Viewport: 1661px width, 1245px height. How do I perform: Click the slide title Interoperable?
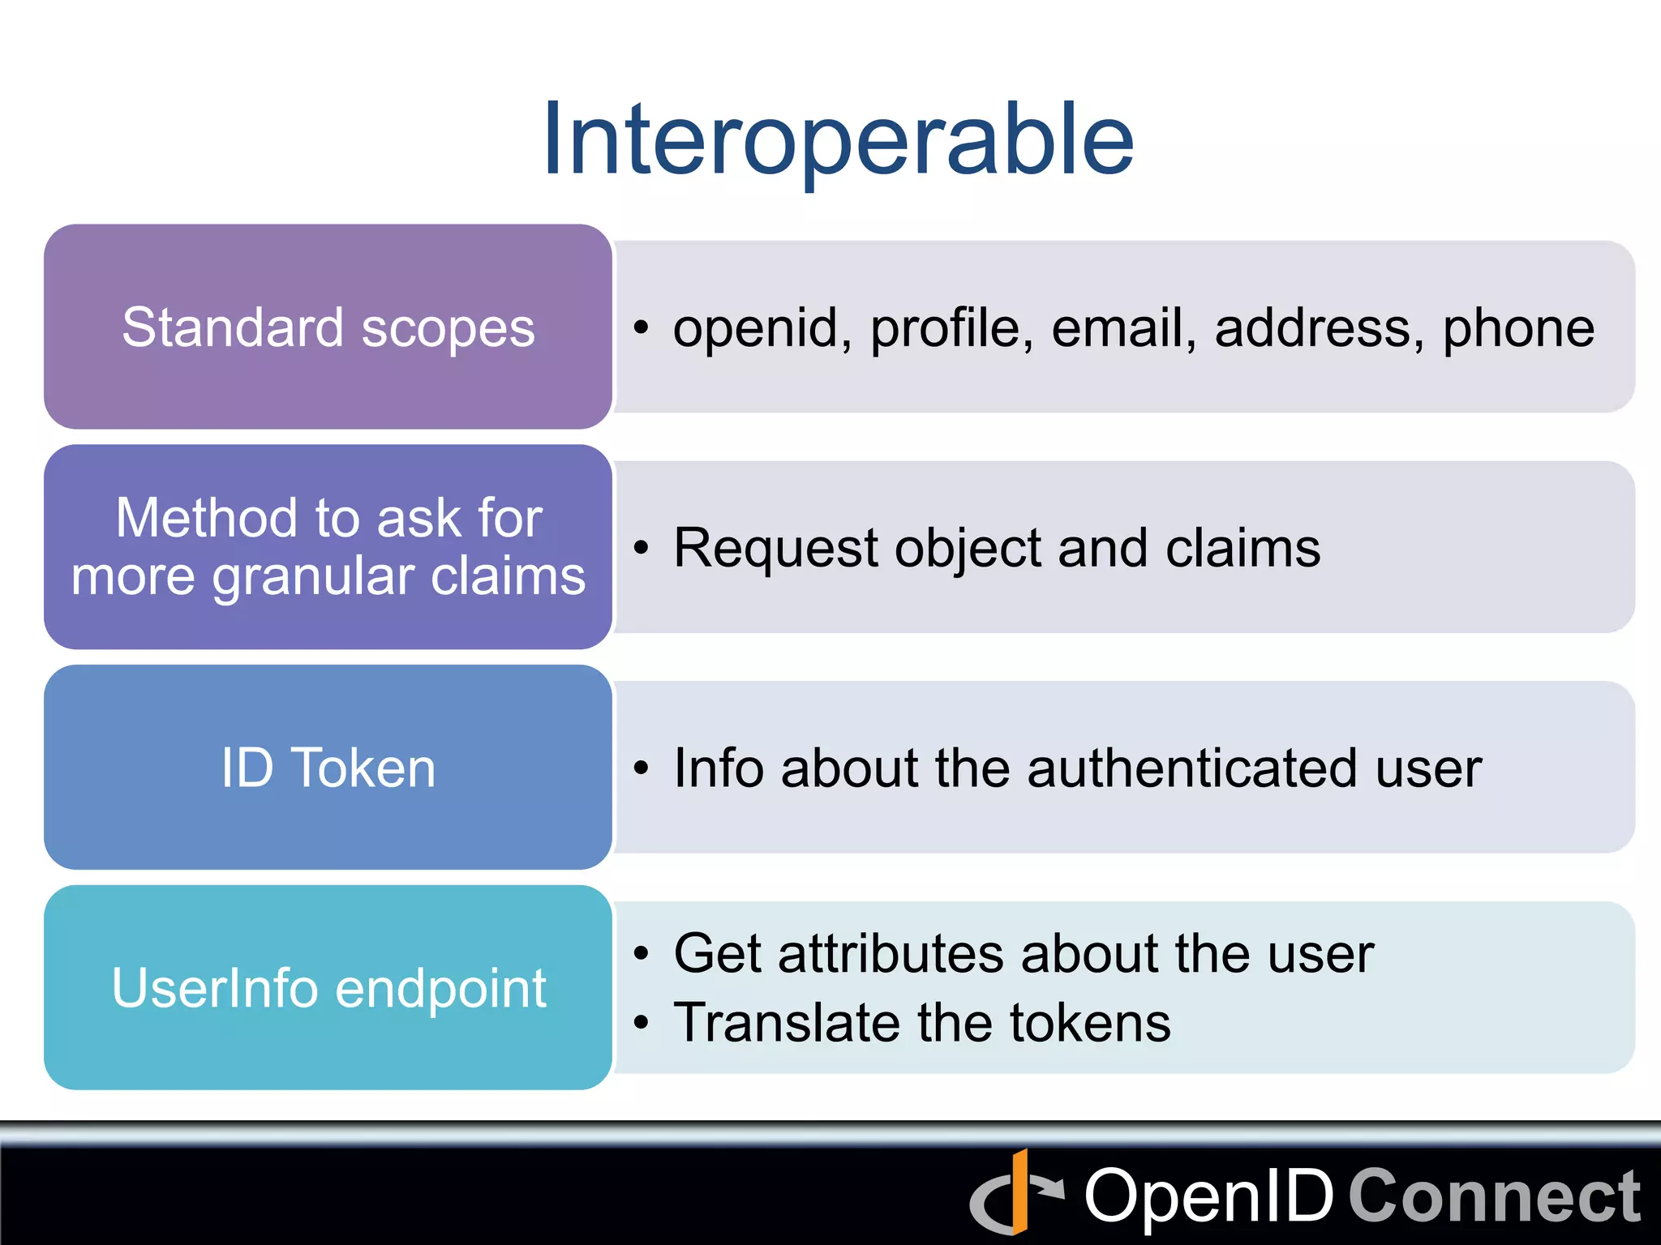click(838, 139)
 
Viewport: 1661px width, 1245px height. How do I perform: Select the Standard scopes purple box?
click(328, 327)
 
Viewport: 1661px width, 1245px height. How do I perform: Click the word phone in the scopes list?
click(1518, 329)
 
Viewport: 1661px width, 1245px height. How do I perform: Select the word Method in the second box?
click(207, 519)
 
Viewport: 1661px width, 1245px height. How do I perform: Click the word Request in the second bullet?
click(775, 549)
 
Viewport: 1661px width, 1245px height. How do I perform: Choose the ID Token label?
click(328, 768)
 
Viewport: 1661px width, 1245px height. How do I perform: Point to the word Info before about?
click(719, 768)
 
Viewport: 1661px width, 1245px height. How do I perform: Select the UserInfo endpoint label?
click(328, 989)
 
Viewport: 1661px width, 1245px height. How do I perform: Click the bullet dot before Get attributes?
click(642, 955)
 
